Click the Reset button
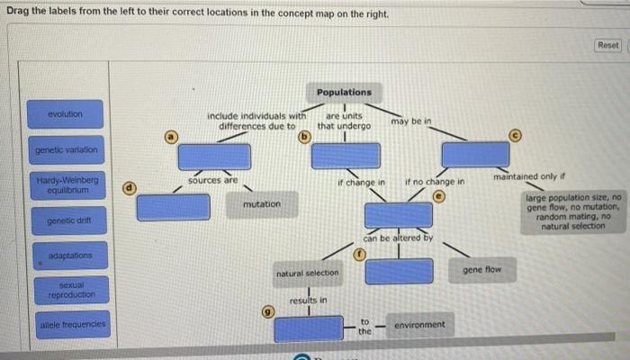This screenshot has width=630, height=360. click(607, 45)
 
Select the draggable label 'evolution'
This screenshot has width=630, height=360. click(66, 115)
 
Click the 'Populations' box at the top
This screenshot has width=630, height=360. click(344, 92)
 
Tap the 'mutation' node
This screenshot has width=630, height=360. click(261, 205)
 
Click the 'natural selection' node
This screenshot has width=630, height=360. click(307, 272)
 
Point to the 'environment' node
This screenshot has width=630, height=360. click(419, 324)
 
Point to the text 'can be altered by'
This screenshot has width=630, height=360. click(398, 238)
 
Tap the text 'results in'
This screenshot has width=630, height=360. click(308, 299)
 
